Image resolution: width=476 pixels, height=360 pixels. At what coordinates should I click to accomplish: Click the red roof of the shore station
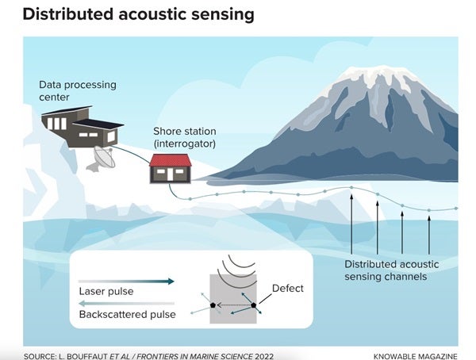171,160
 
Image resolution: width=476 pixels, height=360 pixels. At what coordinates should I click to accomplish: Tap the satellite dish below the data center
102,158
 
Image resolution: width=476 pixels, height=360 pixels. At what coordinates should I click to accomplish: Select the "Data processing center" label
78,90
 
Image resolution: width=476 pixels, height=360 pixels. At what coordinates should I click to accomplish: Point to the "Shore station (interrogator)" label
185,137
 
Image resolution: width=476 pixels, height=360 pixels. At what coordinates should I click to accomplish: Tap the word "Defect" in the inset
287,288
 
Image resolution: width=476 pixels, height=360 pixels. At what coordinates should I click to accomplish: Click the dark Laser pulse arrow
126,281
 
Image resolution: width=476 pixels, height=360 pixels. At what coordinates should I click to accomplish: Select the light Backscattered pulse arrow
126,303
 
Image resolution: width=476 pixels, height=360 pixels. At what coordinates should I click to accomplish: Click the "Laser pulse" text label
106,291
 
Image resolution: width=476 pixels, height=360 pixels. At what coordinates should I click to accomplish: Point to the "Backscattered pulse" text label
127,315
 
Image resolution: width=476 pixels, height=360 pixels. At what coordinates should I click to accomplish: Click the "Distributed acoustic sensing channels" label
392,270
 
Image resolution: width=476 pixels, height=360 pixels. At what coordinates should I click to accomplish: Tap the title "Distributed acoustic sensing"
138,14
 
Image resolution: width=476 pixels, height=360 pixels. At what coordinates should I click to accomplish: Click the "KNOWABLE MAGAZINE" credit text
415,356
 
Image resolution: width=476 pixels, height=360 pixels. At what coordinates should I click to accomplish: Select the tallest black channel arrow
351,224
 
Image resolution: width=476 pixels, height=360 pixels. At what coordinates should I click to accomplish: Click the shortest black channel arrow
429,235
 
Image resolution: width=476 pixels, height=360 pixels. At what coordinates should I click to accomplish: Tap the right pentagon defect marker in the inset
254,304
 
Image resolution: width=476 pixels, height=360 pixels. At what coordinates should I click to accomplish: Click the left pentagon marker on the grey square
213,304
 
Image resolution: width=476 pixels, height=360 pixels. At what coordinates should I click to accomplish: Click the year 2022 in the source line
264,356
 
